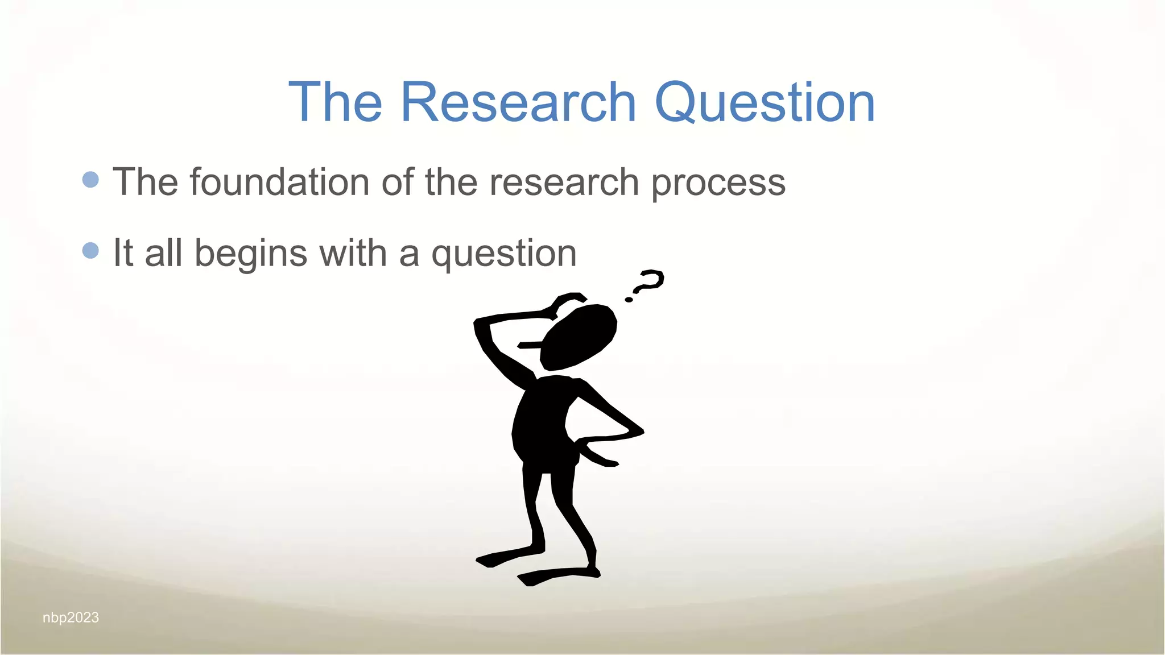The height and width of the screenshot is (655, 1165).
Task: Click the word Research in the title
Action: point(518,102)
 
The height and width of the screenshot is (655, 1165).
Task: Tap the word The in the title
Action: point(335,102)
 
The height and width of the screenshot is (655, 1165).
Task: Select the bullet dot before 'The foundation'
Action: point(90,180)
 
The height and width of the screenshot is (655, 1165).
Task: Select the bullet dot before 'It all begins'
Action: point(90,250)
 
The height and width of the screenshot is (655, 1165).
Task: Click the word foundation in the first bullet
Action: point(279,182)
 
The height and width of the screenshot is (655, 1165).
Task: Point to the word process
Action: point(718,183)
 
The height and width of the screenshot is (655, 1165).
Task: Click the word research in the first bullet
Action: point(564,183)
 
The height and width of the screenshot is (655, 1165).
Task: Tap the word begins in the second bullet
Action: point(251,254)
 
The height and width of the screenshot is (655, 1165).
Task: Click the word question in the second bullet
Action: point(504,254)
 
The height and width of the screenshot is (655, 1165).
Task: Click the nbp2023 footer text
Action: point(71,617)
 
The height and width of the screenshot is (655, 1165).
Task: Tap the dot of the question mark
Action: point(629,299)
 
